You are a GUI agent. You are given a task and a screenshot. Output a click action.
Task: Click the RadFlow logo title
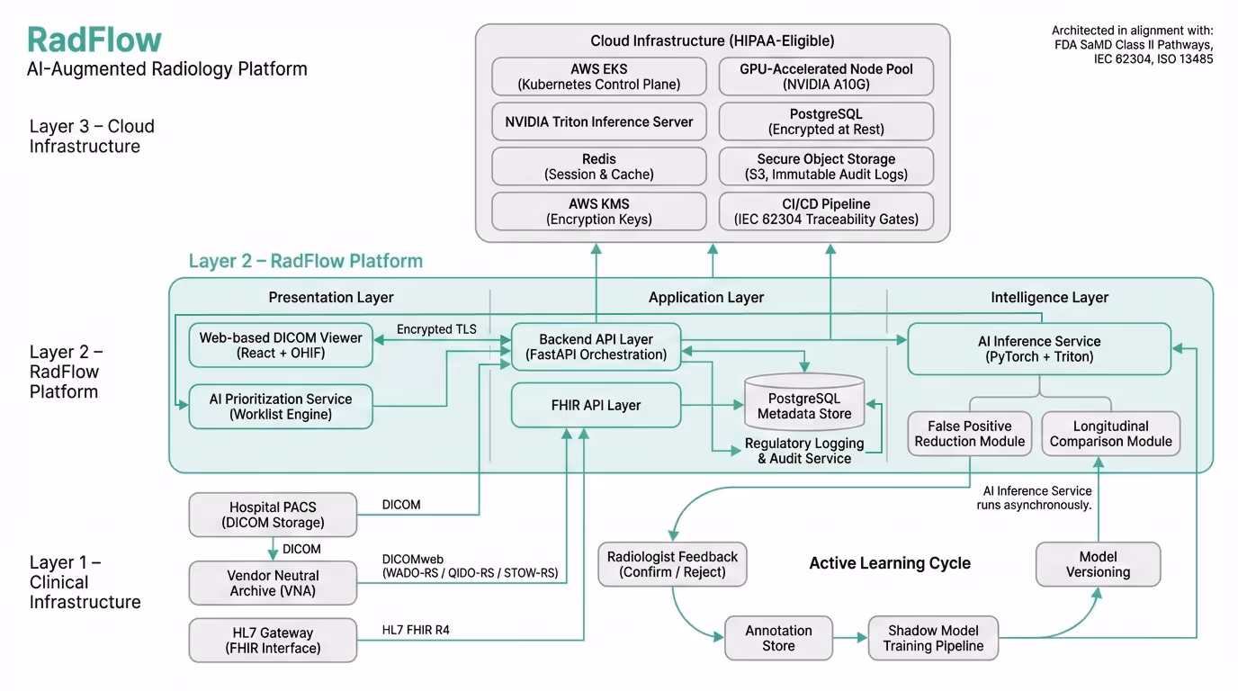pyautogui.click(x=94, y=40)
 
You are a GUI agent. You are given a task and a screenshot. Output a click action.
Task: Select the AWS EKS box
pyautogui.click(x=599, y=76)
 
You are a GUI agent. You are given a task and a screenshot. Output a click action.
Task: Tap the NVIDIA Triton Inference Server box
pyautogui.click(x=599, y=121)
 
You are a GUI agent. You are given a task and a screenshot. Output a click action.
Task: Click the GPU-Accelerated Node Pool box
pyautogui.click(x=826, y=76)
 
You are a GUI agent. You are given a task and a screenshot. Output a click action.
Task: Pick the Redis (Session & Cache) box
pyautogui.click(x=599, y=166)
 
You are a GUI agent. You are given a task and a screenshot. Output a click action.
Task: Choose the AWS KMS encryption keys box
pyautogui.click(x=599, y=211)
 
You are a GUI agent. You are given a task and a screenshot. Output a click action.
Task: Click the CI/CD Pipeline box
pyautogui.click(x=826, y=211)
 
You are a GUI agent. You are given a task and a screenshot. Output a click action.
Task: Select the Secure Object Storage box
pyautogui.click(x=826, y=166)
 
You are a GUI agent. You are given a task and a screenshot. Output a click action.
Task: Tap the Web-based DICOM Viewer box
pyautogui.click(x=281, y=345)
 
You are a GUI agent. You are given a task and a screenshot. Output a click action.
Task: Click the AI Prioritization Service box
pyautogui.click(x=281, y=407)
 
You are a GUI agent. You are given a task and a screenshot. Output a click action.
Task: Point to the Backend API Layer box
pyautogui.click(x=596, y=347)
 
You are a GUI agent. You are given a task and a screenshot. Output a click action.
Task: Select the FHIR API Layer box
pyautogui.click(x=596, y=405)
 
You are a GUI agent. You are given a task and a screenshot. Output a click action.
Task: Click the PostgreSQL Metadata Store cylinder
pyautogui.click(x=804, y=405)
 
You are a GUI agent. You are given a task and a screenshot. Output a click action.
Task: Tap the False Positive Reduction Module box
pyautogui.click(x=969, y=434)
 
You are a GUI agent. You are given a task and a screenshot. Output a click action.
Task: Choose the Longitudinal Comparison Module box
pyautogui.click(x=1110, y=434)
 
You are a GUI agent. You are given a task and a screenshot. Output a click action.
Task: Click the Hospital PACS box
pyautogui.click(x=273, y=515)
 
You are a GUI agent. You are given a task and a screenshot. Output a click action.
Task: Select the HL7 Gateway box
pyautogui.click(x=273, y=641)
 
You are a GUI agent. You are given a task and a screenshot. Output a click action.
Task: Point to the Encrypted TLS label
pyautogui.click(x=436, y=329)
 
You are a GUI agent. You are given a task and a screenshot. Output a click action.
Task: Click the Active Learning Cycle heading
pyautogui.click(x=889, y=563)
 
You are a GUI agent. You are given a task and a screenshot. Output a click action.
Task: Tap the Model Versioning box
pyautogui.click(x=1098, y=564)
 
